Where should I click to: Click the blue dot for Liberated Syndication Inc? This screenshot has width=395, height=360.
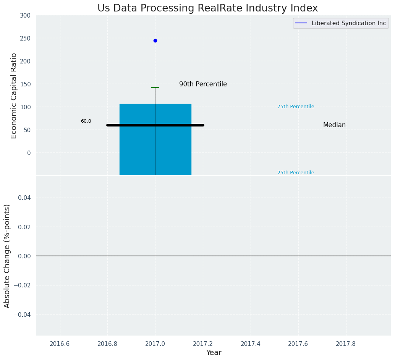pos(155,41)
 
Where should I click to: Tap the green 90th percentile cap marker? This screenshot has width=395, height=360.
pos(155,88)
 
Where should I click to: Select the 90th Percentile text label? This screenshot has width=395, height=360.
pos(203,84)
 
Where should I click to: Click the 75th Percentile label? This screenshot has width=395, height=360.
pos(296,107)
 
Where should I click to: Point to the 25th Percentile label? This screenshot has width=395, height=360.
pos(296,173)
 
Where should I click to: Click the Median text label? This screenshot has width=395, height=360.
pos(334,125)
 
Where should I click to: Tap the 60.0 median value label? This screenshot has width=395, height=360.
pos(86,121)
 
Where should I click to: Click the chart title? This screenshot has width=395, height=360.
pos(207,8)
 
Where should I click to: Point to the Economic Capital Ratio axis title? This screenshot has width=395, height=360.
pos(14,96)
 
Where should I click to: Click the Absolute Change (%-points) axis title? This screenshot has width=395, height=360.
pos(7,256)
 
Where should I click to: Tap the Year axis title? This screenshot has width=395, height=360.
pos(214,352)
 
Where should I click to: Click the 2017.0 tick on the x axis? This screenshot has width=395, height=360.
pos(155,344)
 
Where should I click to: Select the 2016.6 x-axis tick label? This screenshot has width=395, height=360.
pos(60,344)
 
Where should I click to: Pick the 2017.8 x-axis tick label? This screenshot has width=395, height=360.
pos(346,344)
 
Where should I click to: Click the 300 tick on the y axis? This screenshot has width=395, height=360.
pos(26,15)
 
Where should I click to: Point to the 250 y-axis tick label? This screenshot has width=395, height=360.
pos(26,38)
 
